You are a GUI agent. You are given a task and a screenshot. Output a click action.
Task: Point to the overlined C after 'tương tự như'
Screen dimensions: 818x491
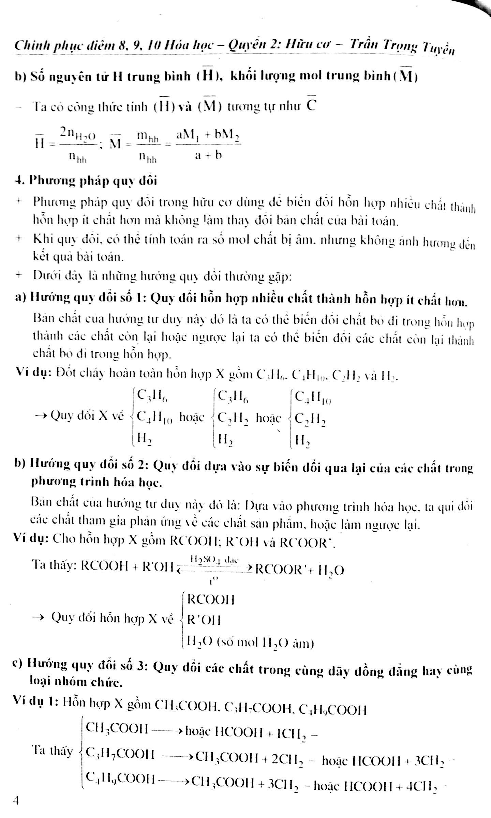pyautogui.click(x=310, y=106)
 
